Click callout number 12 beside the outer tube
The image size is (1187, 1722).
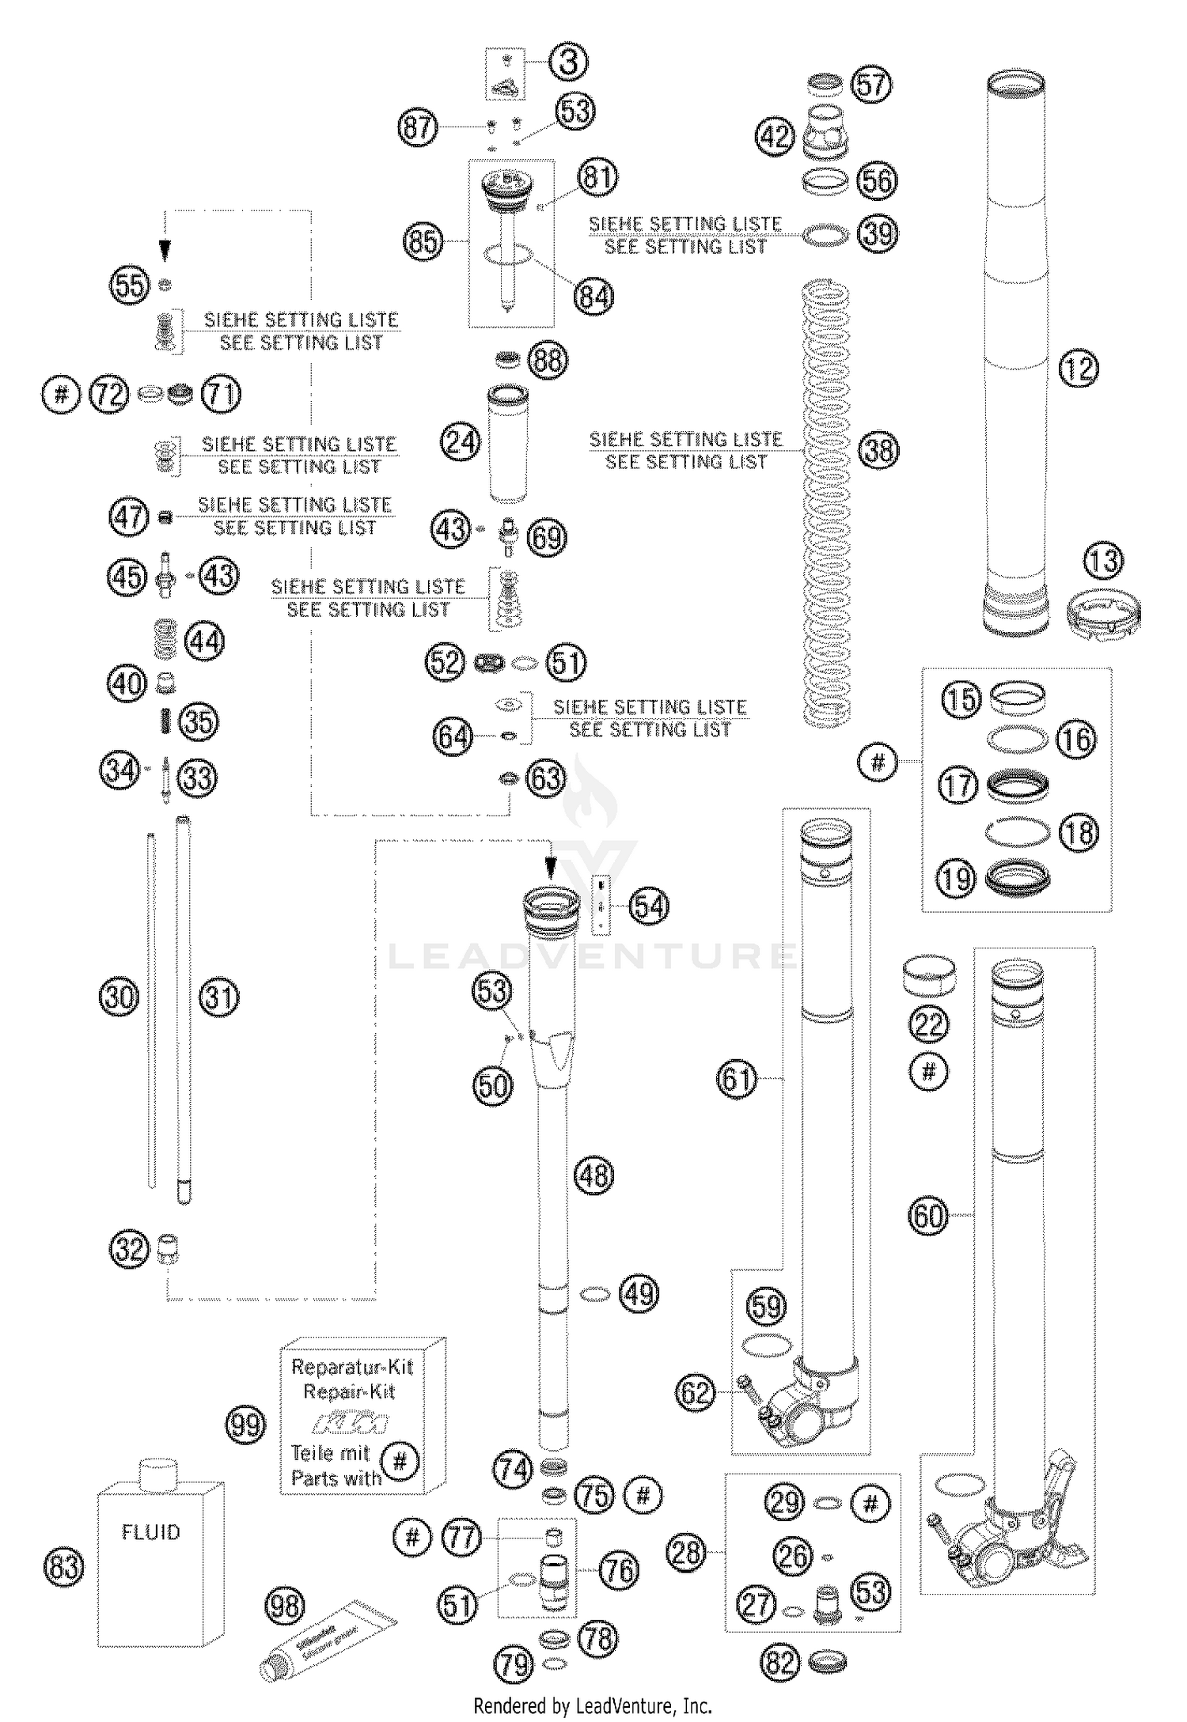coord(1078,369)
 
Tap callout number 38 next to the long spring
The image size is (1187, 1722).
coord(878,451)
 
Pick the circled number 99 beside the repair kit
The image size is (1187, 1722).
coord(245,1425)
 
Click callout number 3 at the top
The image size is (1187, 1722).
coord(568,62)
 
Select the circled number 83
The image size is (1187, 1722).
coord(64,1566)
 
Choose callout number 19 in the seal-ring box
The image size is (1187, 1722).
coord(956,878)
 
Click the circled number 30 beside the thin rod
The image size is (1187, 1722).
coord(119,997)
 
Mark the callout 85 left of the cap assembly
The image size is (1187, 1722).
coord(423,240)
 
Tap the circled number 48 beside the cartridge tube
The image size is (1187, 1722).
coord(593,1175)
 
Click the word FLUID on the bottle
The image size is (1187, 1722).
coord(150,1532)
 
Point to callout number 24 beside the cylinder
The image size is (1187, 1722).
coord(461,441)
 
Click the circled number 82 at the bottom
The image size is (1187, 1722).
coord(780,1663)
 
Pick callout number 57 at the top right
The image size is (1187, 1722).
coord(871,84)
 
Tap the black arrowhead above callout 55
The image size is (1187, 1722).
coord(165,251)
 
